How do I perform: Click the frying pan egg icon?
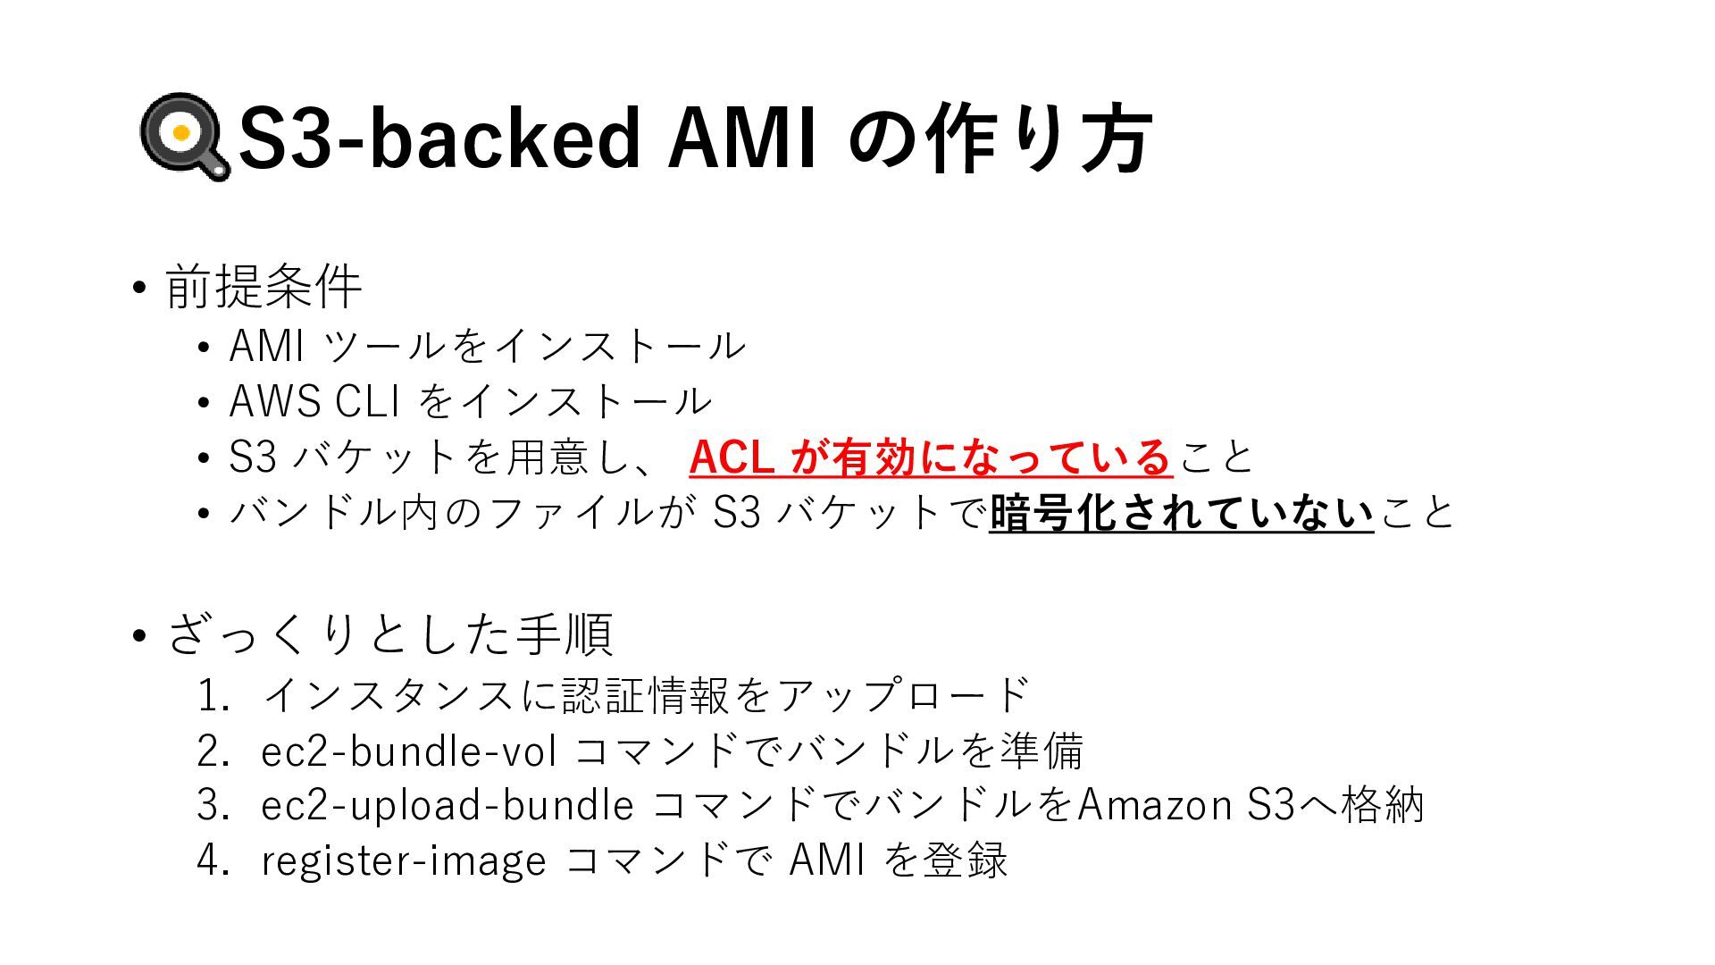click(x=184, y=136)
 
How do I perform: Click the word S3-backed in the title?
click(x=439, y=138)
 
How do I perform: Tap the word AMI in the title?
click(x=741, y=138)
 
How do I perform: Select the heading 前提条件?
click(x=264, y=287)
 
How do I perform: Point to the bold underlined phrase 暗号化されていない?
click(x=1181, y=514)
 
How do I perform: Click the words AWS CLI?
click(x=314, y=402)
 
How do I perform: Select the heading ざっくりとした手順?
click(x=389, y=634)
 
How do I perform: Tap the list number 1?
click(x=213, y=696)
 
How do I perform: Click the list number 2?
click(x=213, y=751)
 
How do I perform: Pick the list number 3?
click(x=213, y=805)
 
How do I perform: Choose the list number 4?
click(x=213, y=860)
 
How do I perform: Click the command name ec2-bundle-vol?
click(x=409, y=751)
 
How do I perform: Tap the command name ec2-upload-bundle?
click(x=448, y=805)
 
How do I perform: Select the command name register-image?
click(x=403, y=860)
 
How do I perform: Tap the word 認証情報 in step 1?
click(x=648, y=696)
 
